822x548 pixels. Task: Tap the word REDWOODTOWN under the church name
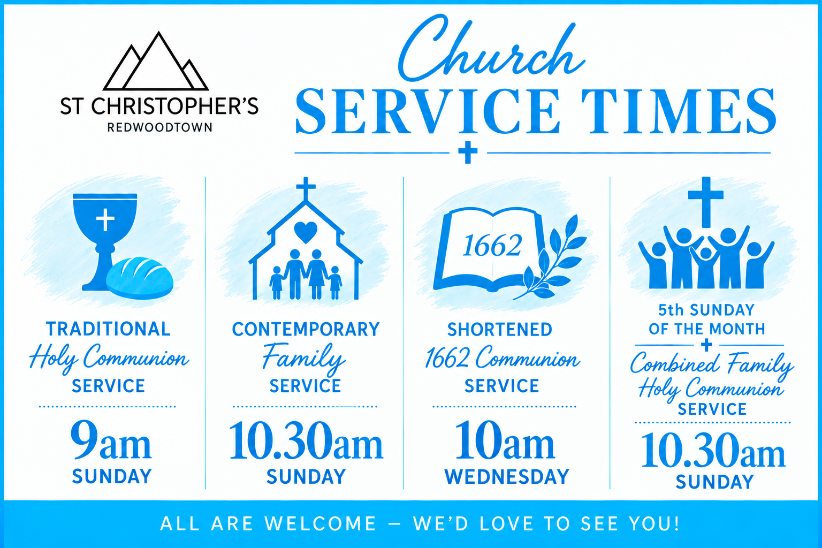pyautogui.click(x=159, y=127)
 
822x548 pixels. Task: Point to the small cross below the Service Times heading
pyautogui.click(x=468, y=152)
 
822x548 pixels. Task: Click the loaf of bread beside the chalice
pyautogui.click(x=140, y=278)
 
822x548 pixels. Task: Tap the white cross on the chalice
pyautogui.click(x=105, y=219)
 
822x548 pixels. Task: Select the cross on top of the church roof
pyautogui.click(x=306, y=189)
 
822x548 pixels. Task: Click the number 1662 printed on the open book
pyautogui.click(x=492, y=246)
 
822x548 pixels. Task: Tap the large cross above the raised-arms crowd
pyautogui.click(x=706, y=202)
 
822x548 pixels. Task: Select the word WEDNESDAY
pyautogui.click(x=507, y=477)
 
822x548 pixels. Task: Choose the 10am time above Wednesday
pyautogui.click(x=505, y=440)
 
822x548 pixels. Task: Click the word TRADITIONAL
pyautogui.click(x=108, y=329)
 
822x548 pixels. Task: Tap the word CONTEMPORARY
pyautogui.click(x=306, y=329)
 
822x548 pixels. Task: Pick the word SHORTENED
pyautogui.click(x=500, y=330)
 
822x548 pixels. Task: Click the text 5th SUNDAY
pyautogui.click(x=706, y=310)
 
